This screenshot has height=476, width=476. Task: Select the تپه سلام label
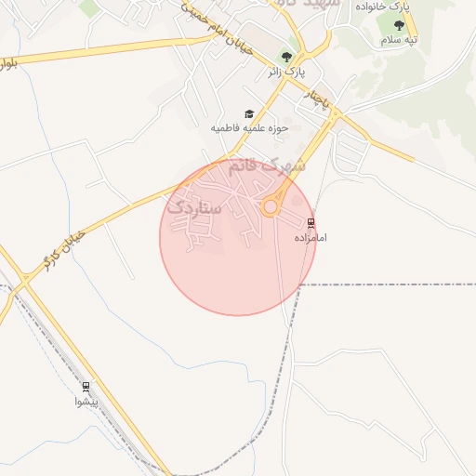tap(399, 40)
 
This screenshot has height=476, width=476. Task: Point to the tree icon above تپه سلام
tap(399, 26)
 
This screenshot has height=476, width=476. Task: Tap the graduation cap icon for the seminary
tap(248, 113)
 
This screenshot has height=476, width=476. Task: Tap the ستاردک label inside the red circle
tap(196, 207)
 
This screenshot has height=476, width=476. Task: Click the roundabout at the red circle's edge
tap(271, 207)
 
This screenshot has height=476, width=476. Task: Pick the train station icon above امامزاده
tap(311, 223)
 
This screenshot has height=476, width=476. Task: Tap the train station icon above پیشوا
tap(86, 387)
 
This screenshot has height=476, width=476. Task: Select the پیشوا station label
tap(86, 402)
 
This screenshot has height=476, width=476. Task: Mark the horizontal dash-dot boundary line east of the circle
tap(390, 284)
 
